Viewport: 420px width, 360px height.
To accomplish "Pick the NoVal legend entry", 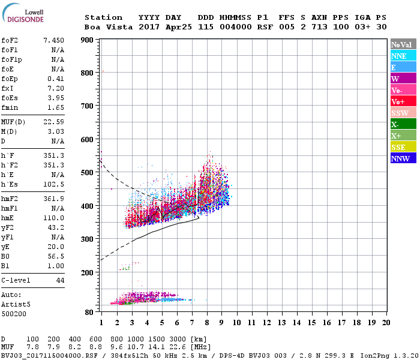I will click(x=403, y=44).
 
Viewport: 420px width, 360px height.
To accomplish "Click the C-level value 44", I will click(x=60, y=280).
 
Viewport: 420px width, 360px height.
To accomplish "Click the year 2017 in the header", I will click(x=149, y=27).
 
